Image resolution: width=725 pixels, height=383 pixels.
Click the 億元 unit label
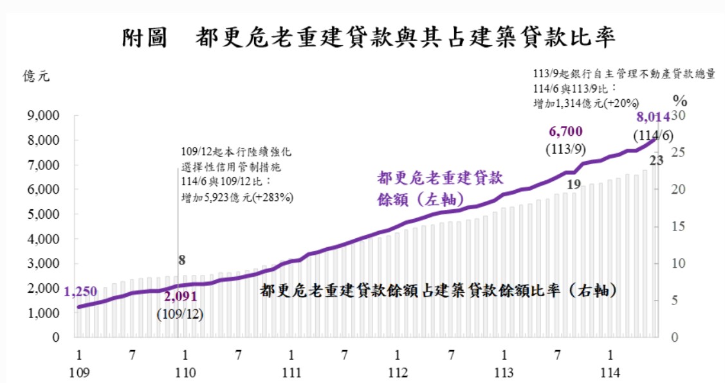tap(37, 76)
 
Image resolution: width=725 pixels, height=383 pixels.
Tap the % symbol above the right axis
tap(680, 100)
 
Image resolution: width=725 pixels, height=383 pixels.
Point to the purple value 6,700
tap(565, 132)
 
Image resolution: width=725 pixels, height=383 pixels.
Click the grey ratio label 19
tap(574, 185)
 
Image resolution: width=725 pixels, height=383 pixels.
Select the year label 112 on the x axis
tap(398, 373)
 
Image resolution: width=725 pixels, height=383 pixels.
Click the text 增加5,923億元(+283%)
tap(237, 198)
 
